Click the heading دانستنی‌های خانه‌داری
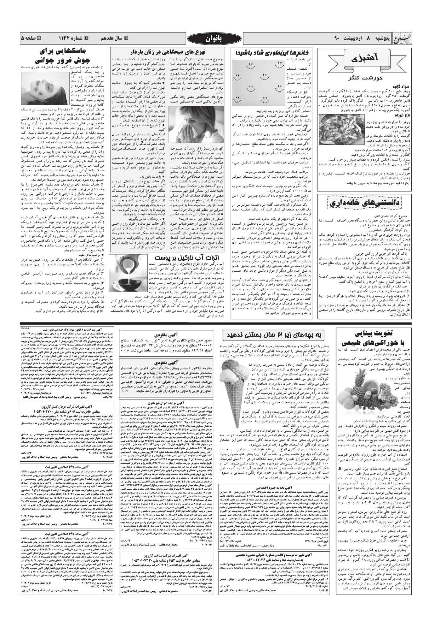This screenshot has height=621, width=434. pos(364,203)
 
